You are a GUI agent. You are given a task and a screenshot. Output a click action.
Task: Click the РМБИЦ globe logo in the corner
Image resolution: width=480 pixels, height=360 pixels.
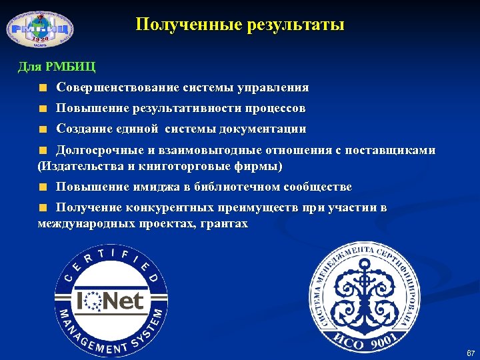click(40, 29)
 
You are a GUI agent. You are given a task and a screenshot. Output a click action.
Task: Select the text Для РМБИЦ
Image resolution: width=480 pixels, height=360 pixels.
click(57, 67)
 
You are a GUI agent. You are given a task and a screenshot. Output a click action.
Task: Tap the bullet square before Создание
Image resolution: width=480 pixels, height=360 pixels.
click(43, 129)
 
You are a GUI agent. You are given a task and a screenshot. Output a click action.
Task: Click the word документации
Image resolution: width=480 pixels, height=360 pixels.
click(267, 129)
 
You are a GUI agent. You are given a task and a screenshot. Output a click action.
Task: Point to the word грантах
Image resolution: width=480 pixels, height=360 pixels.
click(224, 224)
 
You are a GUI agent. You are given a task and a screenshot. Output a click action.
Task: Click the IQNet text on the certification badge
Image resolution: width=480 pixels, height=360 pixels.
click(109, 301)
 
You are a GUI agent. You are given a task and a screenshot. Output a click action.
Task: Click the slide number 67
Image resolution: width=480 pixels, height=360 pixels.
click(471, 352)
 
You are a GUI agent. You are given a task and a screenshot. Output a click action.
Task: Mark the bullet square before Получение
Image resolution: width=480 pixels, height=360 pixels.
click(43, 208)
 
